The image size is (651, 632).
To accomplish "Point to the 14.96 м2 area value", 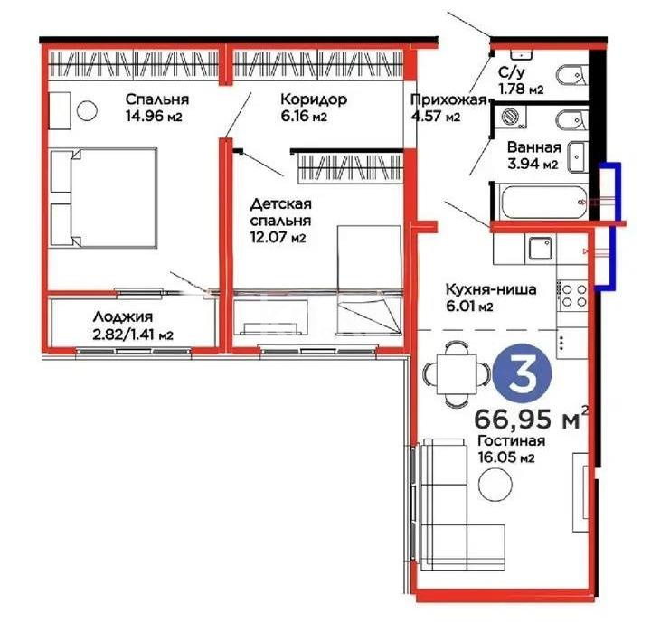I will [x=159, y=116].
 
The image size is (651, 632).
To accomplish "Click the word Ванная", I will [x=533, y=147].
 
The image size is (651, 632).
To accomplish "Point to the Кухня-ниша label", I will [x=491, y=289].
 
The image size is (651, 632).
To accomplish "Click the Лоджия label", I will [x=121, y=317].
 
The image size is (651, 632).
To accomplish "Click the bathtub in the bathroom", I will [x=537, y=200].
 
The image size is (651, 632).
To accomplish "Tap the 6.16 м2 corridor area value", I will [x=303, y=117].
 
